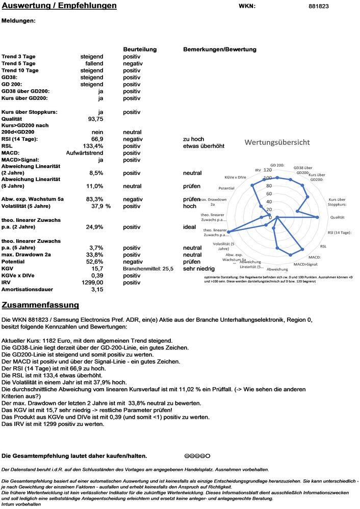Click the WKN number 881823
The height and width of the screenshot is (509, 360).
pyautogui.click(x=319, y=6)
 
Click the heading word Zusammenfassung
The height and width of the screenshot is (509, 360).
pyautogui.click(x=40, y=305)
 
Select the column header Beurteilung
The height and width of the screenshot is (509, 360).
pyautogui.click(x=140, y=49)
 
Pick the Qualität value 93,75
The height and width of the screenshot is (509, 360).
pyautogui.click(x=96, y=118)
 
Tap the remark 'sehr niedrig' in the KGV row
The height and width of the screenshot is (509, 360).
pyautogui.click(x=199, y=268)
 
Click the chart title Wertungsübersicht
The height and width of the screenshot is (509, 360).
pyautogui.click(x=277, y=142)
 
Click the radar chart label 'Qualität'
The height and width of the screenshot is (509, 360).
pyautogui.click(x=338, y=217)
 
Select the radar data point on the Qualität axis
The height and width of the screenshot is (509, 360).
pyautogui.click(x=318, y=217)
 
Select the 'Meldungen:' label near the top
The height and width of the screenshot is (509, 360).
pyautogui.click(x=19, y=21)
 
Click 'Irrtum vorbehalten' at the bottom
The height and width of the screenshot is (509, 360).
pyautogui.click(x=21, y=503)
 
